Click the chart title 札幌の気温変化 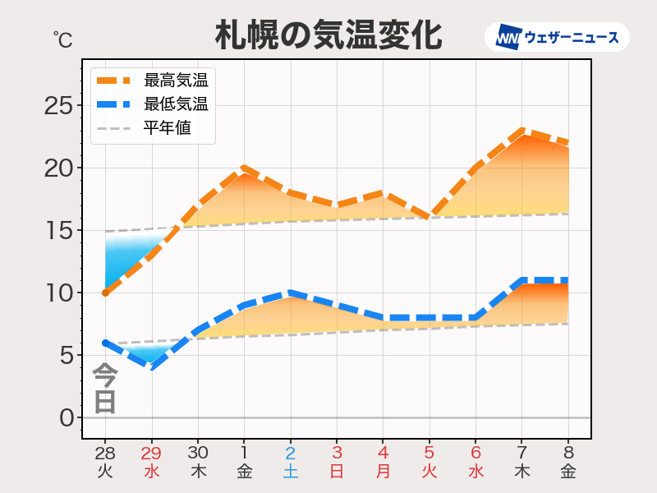point(328,35)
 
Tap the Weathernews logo point(557,37)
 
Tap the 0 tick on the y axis point(66,418)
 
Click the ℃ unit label point(62,39)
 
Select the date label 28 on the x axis point(104,453)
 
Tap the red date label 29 point(151,453)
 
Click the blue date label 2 point(291,453)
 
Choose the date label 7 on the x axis point(522,453)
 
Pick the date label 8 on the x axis point(568,453)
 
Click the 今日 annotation point(104,389)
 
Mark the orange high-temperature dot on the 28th point(105,293)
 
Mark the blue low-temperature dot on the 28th point(105,343)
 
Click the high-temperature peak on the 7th point(522,131)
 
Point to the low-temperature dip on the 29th point(151,366)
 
